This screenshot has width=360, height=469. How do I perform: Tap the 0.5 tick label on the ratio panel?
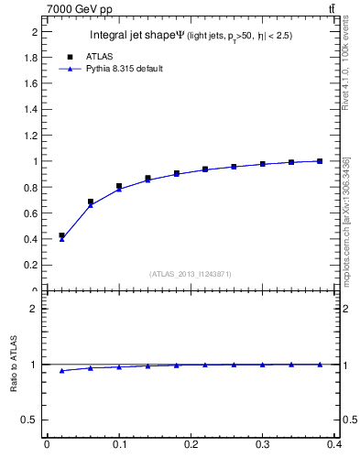34,420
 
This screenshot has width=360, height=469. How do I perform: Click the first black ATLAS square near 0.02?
61,235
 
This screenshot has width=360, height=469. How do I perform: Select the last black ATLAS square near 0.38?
320,161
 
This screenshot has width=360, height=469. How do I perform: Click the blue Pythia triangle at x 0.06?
90,205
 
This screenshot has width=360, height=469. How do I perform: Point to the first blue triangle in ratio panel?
61,371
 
